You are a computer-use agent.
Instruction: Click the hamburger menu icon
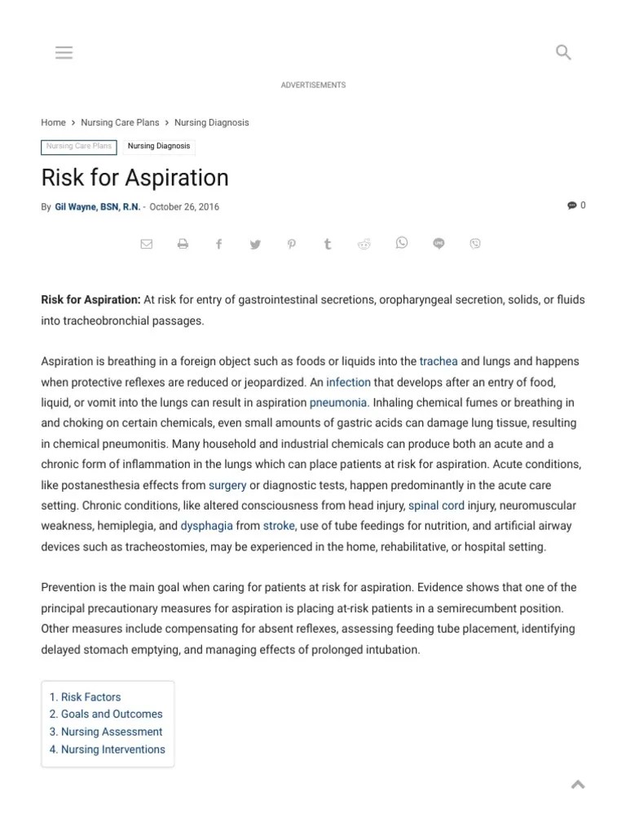coord(64,53)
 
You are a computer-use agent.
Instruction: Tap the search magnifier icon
coord(563,53)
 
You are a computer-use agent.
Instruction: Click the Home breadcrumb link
coord(53,122)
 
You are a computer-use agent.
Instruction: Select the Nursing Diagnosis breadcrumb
coord(212,122)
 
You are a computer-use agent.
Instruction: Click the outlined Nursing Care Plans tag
coord(79,147)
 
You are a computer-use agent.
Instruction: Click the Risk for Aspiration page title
coord(134,178)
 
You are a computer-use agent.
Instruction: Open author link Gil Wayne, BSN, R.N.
coord(97,207)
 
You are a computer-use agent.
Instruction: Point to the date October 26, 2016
coord(184,207)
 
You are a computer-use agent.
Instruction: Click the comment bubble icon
coord(572,205)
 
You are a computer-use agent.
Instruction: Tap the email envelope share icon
coord(147,244)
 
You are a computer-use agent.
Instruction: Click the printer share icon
coord(183,244)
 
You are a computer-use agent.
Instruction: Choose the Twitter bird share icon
coord(255,244)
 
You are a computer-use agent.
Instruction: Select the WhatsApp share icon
coord(402,243)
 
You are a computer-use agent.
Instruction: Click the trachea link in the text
coord(439,361)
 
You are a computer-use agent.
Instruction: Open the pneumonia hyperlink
coord(338,403)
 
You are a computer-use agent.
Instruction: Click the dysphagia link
coord(206,527)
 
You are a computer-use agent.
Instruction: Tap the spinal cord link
coord(436,506)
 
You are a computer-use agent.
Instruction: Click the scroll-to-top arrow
coord(578,784)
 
